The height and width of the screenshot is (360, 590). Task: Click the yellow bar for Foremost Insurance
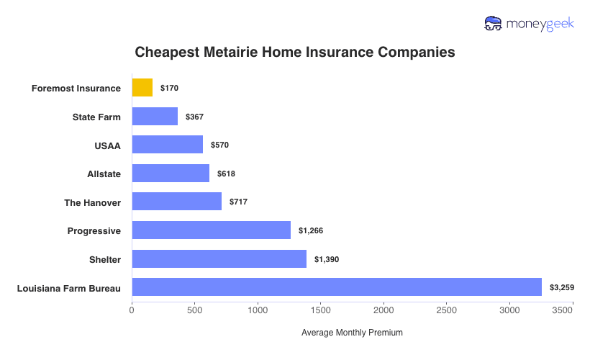point(142,88)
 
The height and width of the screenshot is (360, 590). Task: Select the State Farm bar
point(155,117)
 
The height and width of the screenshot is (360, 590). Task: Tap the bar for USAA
point(167,145)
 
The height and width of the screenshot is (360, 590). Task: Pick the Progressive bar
point(211,230)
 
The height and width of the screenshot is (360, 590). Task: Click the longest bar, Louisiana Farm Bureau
point(336,287)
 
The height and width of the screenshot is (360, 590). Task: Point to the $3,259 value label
point(562,287)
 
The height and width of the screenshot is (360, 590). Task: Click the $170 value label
point(169,88)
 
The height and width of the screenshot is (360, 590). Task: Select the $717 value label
point(238,202)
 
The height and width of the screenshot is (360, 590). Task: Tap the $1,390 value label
point(327,259)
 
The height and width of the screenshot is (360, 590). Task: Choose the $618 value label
point(226,174)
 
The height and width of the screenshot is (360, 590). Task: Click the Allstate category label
point(104,174)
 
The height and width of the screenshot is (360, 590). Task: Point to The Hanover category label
point(92,202)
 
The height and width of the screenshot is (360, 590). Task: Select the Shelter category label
point(105,259)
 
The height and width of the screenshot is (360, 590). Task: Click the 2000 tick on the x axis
point(383,310)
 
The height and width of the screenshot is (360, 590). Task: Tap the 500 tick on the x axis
point(194,310)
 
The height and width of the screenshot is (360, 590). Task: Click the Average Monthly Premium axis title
point(352,333)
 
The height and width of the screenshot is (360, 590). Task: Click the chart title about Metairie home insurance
point(295,53)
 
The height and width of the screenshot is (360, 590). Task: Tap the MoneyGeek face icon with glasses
point(493,24)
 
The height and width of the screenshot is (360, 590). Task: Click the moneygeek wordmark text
point(540,24)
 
